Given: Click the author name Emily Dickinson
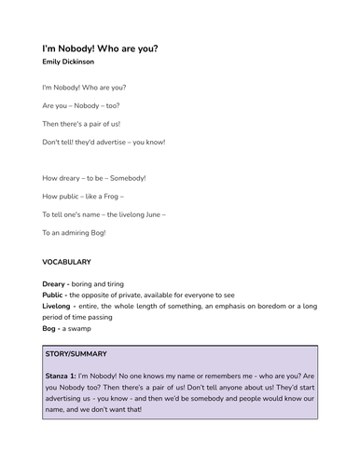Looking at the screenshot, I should point(68,62).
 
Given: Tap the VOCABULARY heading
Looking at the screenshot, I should point(73,263).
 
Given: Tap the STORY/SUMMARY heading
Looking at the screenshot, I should point(77,354).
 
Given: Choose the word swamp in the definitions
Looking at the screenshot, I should point(79,328).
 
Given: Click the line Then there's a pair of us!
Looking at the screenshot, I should point(81,123).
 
